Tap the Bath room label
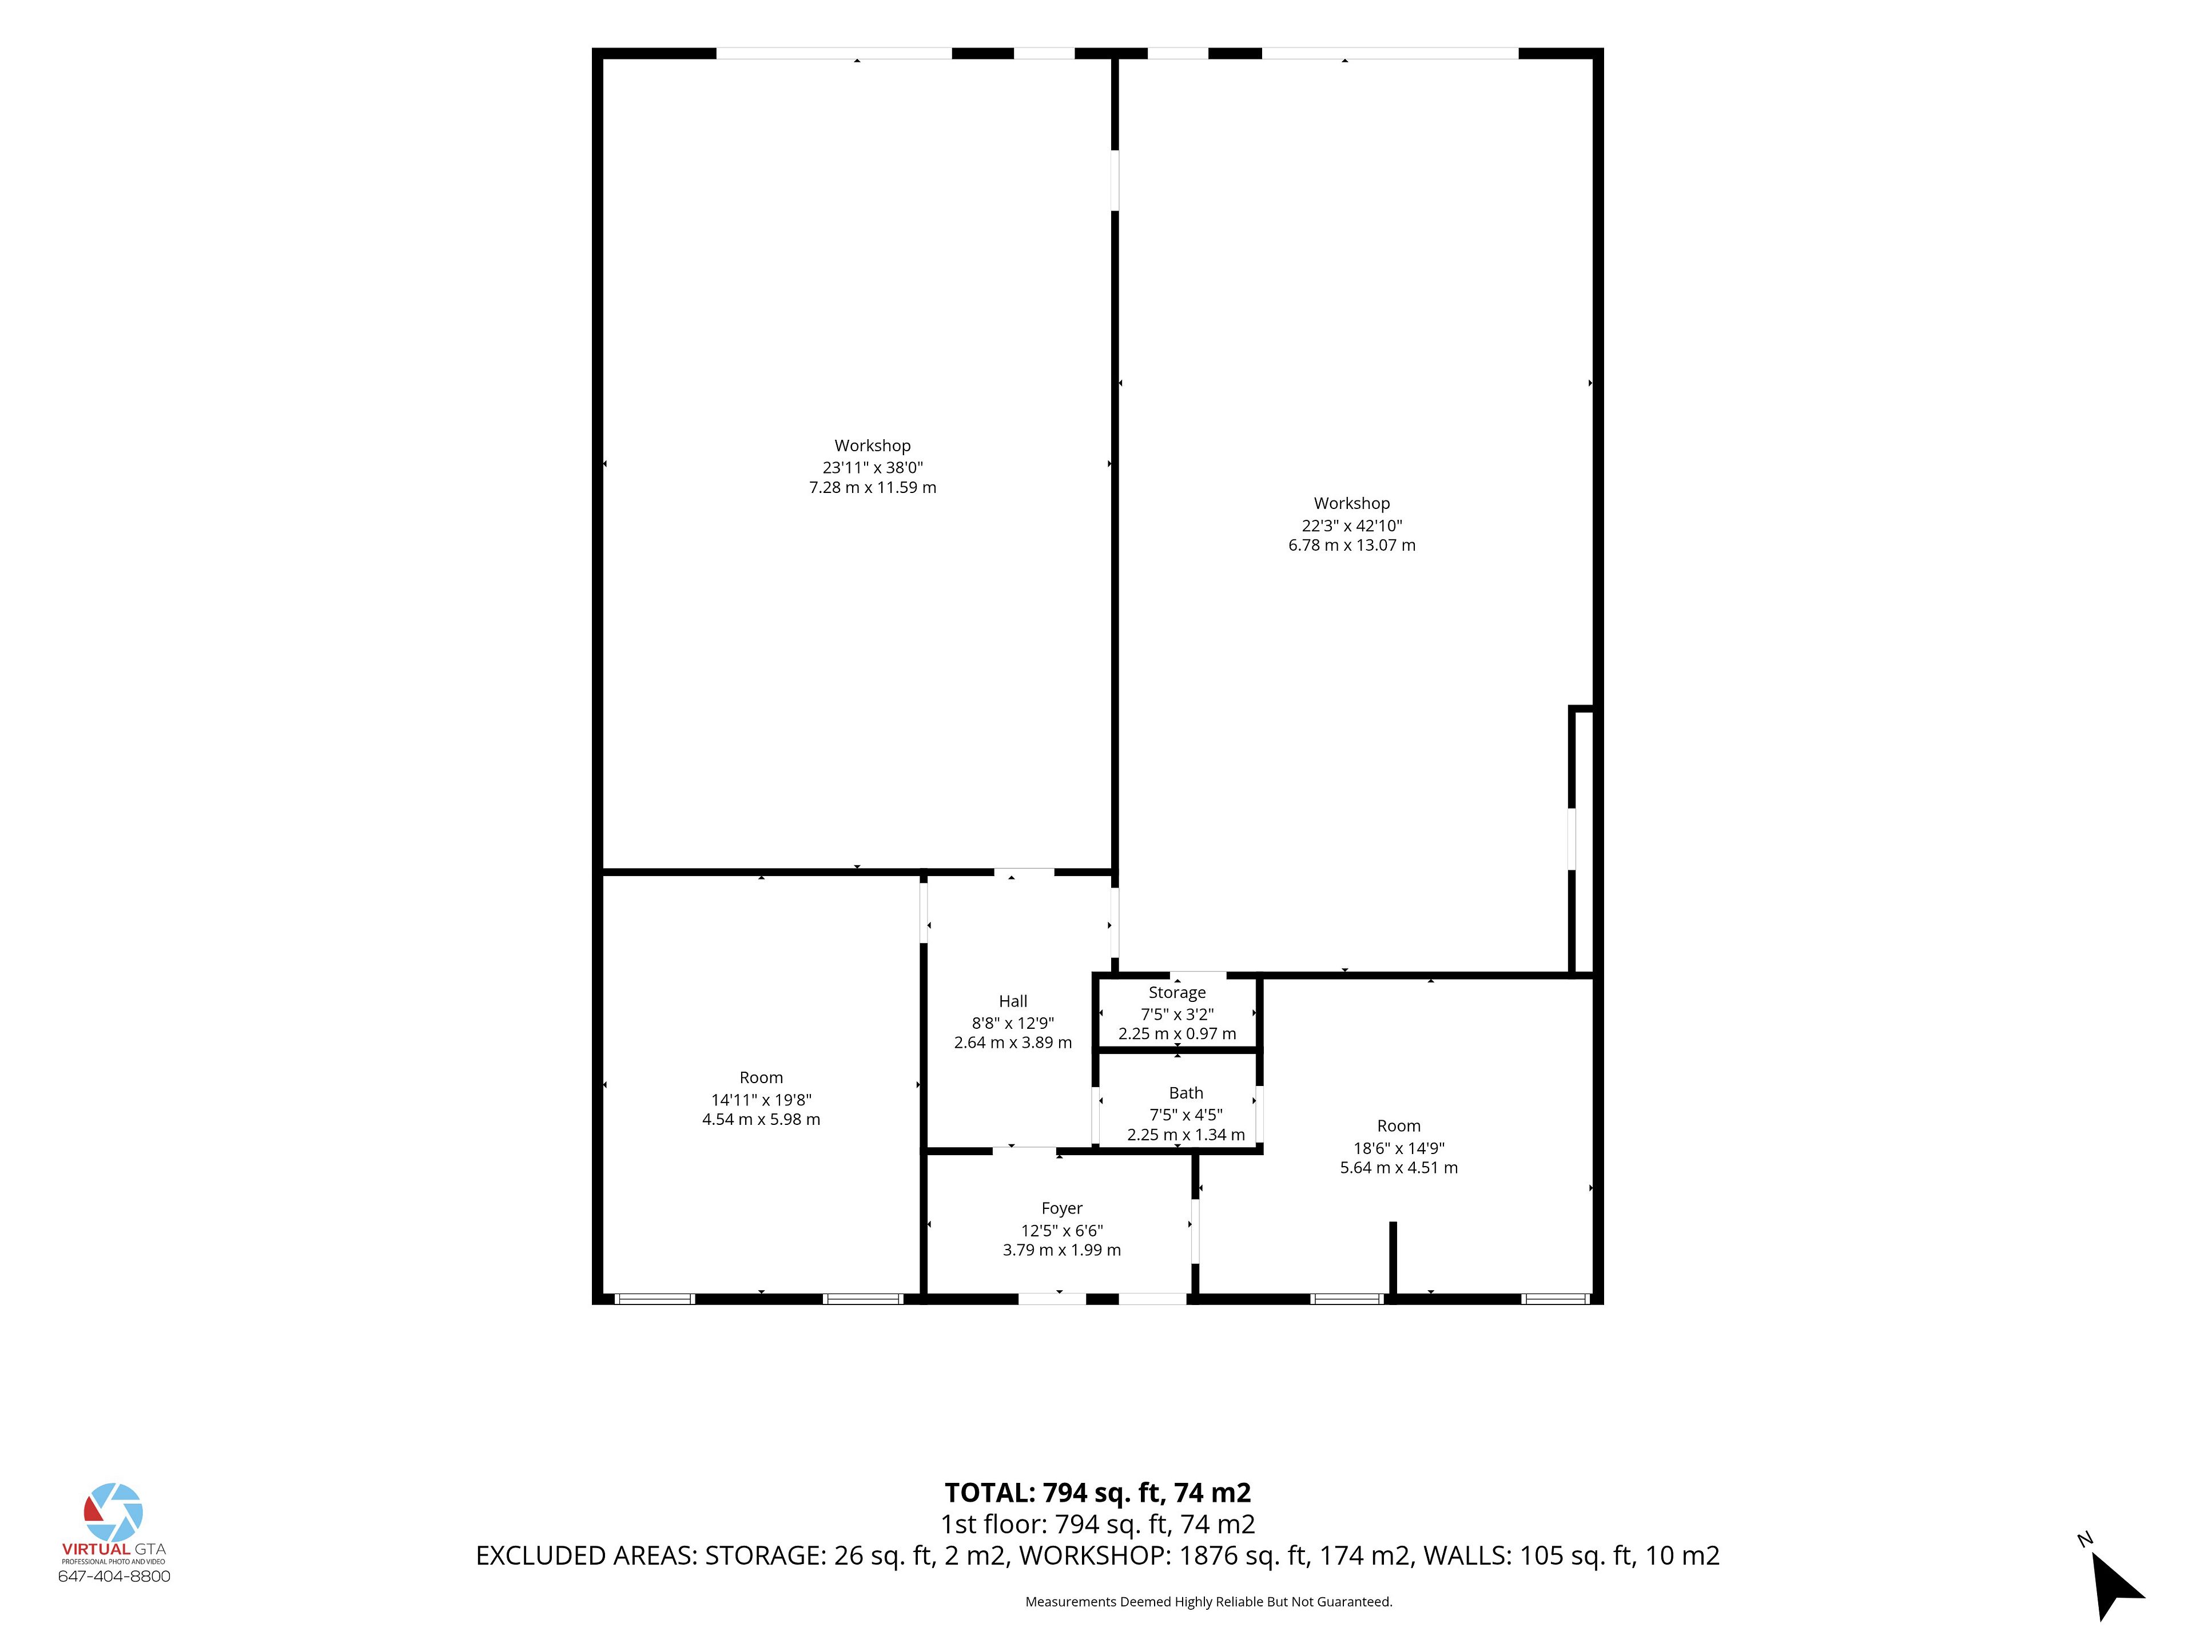coord(1185,1093)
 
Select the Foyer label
coord(1061,1208)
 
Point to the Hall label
coord(1013,1002)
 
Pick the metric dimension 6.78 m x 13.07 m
coord(1351,545)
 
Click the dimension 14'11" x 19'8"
coord(762,1100)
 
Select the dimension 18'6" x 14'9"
coord(1399,1148)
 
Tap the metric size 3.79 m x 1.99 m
coord(1061,1250)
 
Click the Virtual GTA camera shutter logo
coord(113,1513)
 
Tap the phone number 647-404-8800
coord(114,1577)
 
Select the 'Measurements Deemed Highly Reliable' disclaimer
coord(1208,1601)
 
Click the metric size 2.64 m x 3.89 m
coord(1013,1043)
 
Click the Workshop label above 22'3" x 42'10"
coord(1351,503)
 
